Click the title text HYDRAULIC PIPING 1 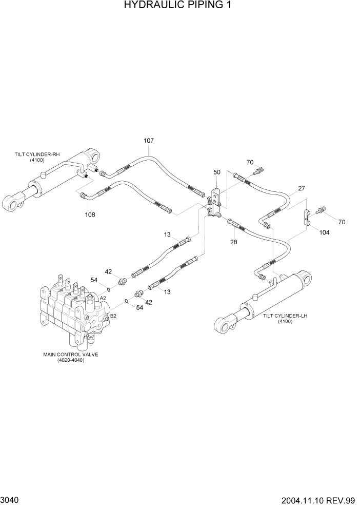click(x=180, y=6)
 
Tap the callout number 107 click(x=149, y=141)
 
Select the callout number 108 click(x=90, y=214)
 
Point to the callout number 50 click(x=216, y=172)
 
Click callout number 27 click(x=302, y=188)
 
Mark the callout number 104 click(x=324, y=232)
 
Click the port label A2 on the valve click(x=103, y=298)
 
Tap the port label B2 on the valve click(x=113, y=316)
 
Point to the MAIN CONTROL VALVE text click(x=71, y=354)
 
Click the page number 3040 click(x=10, y=500)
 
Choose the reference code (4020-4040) click(x=71, y=360)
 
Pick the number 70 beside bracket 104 click(x=342, y=222)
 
